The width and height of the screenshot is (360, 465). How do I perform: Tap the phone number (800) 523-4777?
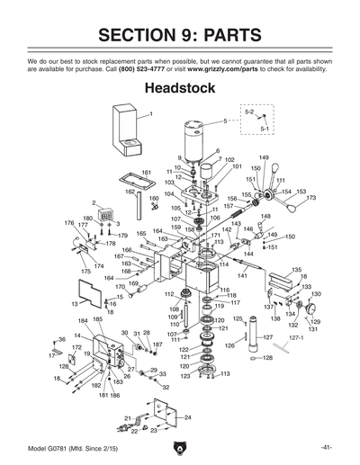coord(160,68)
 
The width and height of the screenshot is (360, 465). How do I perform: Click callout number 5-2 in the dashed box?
coord(251,112)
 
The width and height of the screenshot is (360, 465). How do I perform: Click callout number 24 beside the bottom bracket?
coord(187,418)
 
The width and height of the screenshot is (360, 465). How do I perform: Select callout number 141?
coord(242,275)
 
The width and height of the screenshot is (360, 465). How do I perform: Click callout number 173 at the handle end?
coord(311,198)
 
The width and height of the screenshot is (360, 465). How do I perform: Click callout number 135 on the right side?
coord(297,270)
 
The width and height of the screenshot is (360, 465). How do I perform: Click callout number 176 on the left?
coord(68,223)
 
